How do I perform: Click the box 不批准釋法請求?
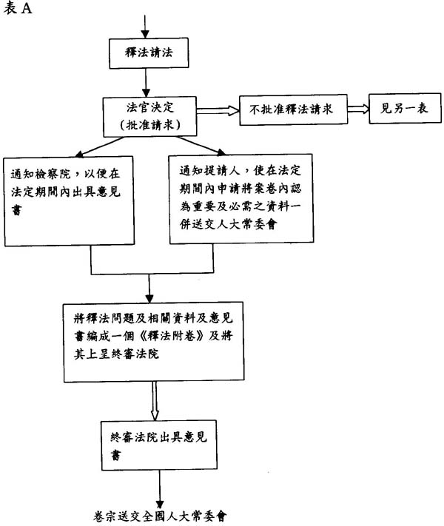coord(292,109)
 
